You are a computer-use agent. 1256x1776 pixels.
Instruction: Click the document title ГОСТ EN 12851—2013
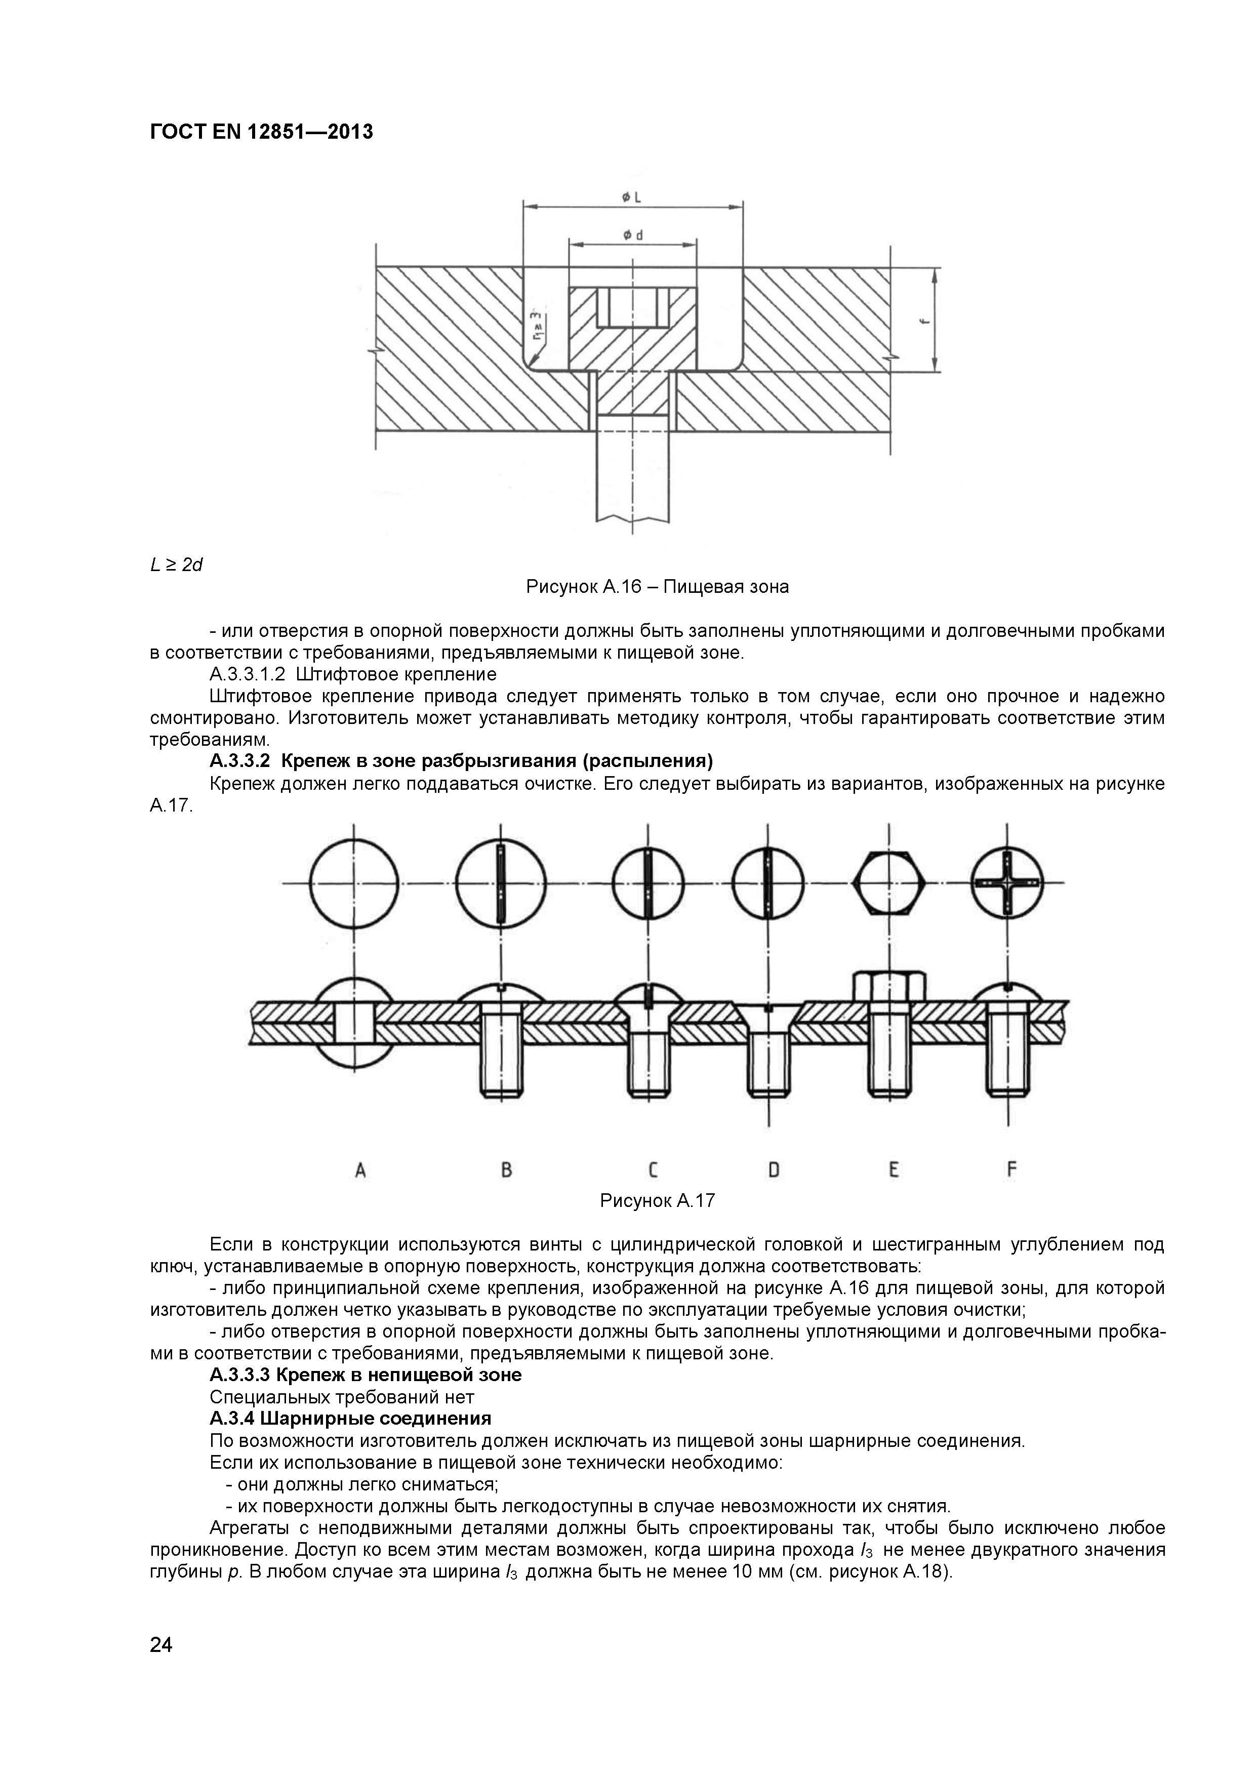(x=261, y=132)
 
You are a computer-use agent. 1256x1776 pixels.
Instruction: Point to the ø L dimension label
(x=632, y=198)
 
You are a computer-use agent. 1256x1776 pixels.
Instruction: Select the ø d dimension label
(x=632, y=234)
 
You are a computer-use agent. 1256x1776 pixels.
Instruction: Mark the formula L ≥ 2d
(x=176, y=564)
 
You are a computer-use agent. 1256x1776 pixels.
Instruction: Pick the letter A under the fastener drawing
(x=360, y=1169)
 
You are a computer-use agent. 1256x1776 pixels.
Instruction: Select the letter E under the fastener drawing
(x=894, y=1169)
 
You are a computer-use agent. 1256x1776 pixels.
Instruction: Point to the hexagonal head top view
(x=888, y=882)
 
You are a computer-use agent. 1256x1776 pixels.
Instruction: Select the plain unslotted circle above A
(x=354, y=882)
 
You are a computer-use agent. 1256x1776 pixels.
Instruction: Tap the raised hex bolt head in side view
(x=888, y=986)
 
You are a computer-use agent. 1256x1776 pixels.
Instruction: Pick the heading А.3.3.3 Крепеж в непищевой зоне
(x=365, y=1375)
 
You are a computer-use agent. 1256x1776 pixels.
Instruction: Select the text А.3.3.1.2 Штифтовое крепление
(x=353, y=674)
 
